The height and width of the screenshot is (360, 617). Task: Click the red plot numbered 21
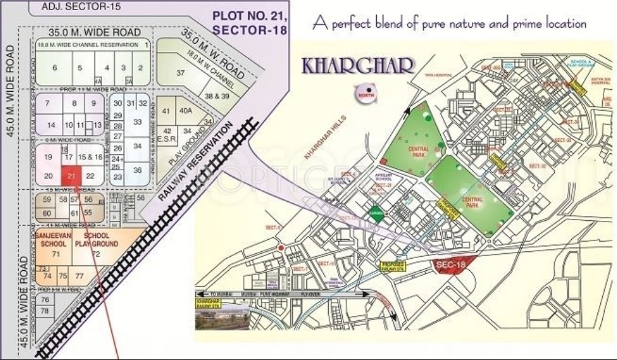(x=71, y=176)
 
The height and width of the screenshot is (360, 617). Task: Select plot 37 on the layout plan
(x=180, y=72)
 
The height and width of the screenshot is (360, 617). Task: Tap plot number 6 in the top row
(x=55, y=68)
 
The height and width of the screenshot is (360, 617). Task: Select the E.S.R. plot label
(x=169, y=140)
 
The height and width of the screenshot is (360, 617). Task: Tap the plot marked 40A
(x=186, y=110)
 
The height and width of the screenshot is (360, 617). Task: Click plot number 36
(x=137, y=170)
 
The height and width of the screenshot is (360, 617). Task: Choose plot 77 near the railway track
(x=79, y=276)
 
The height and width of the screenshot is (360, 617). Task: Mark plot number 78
(x=45, y=311)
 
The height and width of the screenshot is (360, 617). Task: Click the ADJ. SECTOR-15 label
(x=70, y=7)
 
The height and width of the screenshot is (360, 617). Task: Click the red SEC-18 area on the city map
(x=452, y=265)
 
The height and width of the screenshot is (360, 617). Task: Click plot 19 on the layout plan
(x=48, y=157)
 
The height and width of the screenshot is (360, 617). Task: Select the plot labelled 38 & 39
(x=217, y=97)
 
